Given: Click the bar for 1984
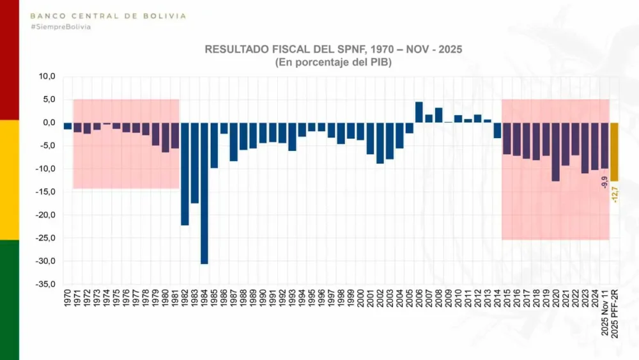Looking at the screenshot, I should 204,192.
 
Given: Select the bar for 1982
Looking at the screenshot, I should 185,173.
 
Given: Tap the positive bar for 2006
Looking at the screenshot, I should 419,112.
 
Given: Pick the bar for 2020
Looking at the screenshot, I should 556,152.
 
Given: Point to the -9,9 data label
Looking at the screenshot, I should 604,181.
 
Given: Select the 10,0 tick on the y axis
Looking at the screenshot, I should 48,76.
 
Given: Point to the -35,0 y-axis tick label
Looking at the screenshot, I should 47,284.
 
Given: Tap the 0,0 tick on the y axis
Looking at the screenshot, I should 50,122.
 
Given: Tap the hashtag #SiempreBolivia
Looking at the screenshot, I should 61,27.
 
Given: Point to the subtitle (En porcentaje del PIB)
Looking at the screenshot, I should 333,62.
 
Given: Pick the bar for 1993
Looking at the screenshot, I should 292,136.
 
